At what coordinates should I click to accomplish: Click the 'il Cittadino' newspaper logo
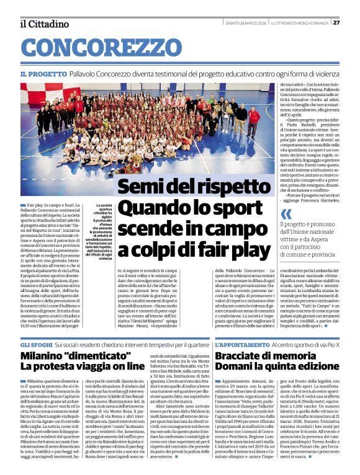44,24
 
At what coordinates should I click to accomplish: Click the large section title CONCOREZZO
104,47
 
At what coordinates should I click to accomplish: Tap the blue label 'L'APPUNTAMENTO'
245,344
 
